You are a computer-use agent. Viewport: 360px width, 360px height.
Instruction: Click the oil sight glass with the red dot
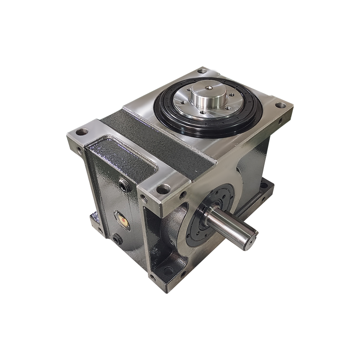(x=122, y=220)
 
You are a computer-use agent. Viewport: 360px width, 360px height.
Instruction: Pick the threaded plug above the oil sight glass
(x=122, y=184)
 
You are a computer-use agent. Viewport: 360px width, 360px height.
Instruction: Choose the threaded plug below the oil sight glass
(x=118, y=240)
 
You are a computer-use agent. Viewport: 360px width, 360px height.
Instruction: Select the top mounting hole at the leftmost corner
(x=81, y=132)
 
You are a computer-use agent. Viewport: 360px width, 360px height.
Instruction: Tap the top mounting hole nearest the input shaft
(x=162, y=189)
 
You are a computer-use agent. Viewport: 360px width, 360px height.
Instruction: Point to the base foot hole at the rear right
(x=264, y=185)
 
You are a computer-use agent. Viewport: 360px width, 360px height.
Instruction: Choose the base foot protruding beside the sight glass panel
(x=95, y=219)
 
